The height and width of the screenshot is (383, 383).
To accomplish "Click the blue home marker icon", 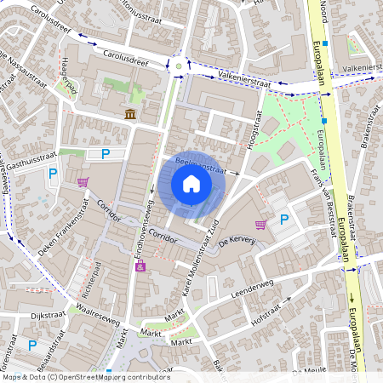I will (x=191, y=184).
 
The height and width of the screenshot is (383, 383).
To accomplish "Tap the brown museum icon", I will (x=130, y=114).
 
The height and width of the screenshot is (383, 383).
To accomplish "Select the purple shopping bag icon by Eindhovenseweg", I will (x=140, y=267).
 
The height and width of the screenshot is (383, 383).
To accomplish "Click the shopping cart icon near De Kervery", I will (x=260, y=224).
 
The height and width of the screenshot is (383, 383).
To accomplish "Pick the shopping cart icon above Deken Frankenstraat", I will (x=83, y=181).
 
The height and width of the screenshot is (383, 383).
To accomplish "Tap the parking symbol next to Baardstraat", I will (x=32, y=345).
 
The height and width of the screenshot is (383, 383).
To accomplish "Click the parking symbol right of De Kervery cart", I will (x=285, y=220).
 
